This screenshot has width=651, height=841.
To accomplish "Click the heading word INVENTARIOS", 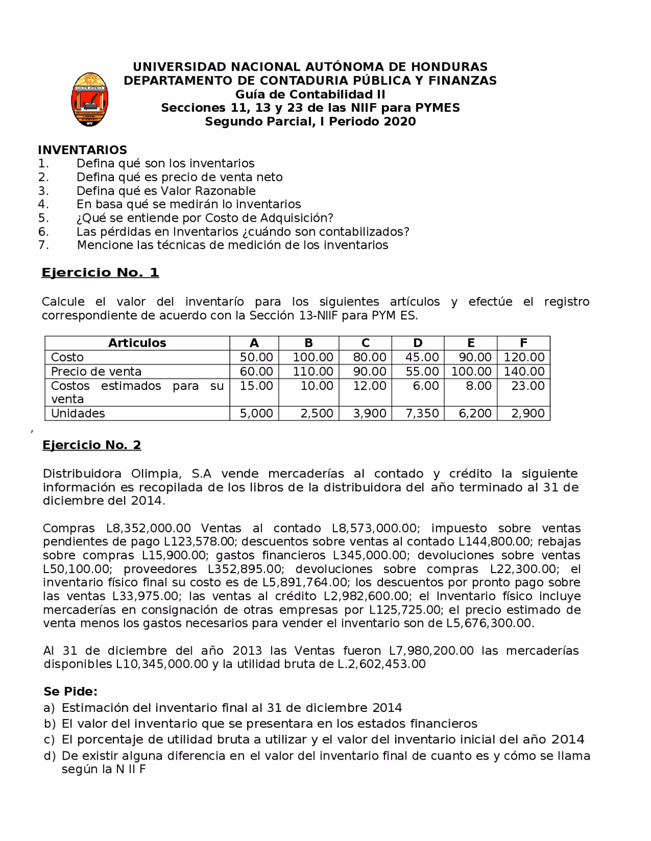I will (x=82, y=149).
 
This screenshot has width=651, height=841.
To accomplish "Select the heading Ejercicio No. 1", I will (x=100, y=273).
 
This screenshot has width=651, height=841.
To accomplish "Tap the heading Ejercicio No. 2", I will (x=92, y=445).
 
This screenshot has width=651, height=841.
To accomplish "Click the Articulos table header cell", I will (x=137, y=343).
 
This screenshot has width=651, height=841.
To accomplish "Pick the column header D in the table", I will (x=418, y=343).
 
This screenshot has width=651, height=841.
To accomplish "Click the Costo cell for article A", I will (x=256, y=357).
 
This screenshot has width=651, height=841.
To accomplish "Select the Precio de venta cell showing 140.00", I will (x=524, y=371).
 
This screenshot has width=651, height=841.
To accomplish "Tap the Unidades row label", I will (x=78, y=413).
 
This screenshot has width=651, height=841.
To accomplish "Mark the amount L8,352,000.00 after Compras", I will (x=148, y=528).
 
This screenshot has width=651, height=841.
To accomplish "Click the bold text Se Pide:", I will (x=70, y=692).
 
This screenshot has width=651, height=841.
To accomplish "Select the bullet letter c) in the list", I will (x=49, y=739).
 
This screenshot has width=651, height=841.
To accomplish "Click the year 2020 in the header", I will (x=400, y=122).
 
